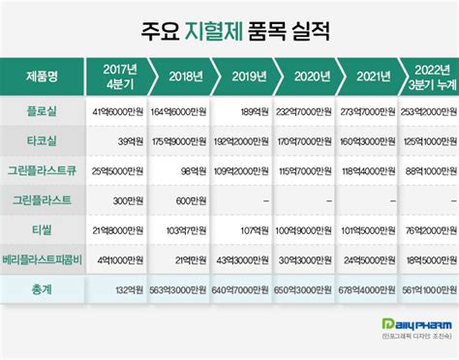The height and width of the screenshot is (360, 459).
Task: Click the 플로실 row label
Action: coord(41,111)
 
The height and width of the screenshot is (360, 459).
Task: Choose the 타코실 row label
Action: coord(41,142)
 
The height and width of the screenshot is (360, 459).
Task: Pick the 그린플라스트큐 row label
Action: coord(43,172)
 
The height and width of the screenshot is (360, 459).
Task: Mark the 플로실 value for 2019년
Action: coord(250,111)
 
